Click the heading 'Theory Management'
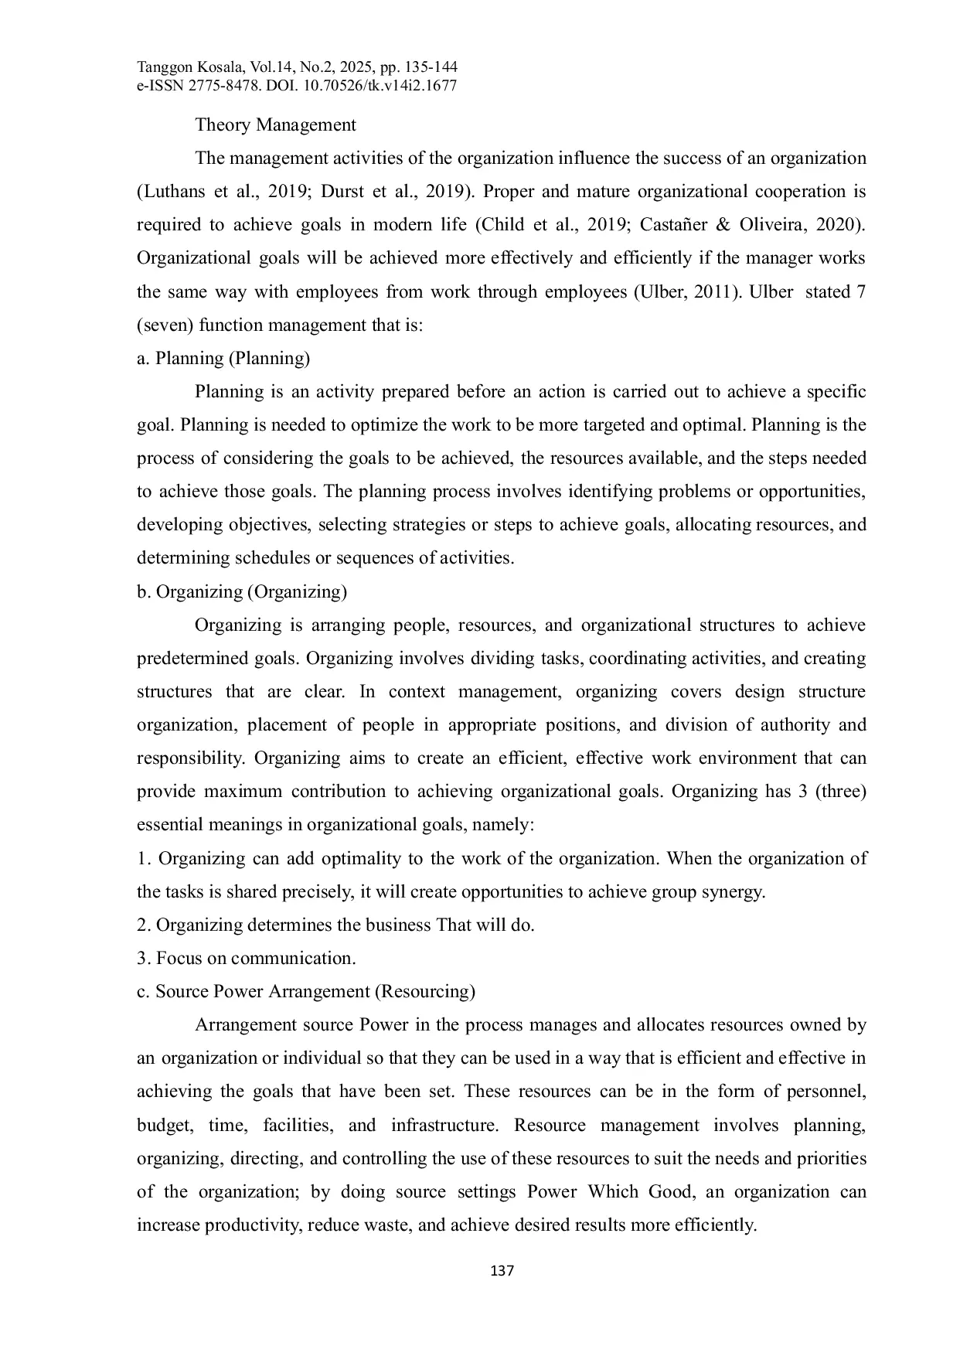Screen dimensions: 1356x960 [275, 124]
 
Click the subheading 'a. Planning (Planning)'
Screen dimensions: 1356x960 [223, 358]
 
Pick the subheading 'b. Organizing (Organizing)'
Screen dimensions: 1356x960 [242, 591]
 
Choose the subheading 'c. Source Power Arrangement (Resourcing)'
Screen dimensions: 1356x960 [306, 991]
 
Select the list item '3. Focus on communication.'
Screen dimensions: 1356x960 [247, 958]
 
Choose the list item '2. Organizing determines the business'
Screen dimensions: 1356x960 [335, 925]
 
